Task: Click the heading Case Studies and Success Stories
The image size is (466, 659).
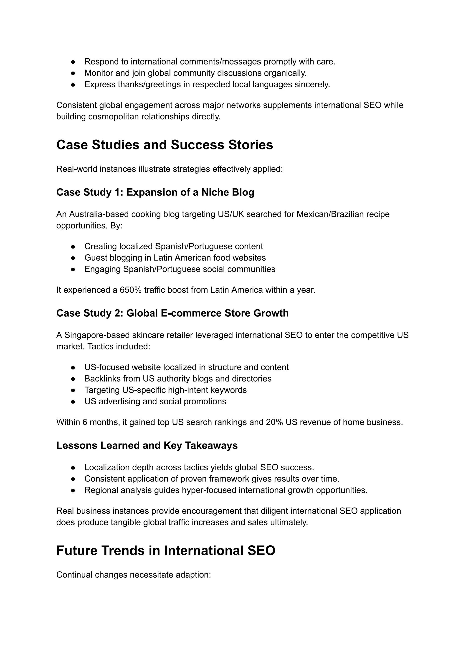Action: click(x=165, y=145)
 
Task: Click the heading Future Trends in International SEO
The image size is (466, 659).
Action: click(x=166, y=551)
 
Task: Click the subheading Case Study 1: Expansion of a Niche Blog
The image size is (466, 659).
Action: click(x=155, y=192)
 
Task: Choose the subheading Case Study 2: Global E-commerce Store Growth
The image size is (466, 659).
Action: click(x=172, y=313)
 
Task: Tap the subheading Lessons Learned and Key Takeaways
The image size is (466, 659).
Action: click(x=147, y=445)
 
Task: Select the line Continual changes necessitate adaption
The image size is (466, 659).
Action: click(x=133, y=574)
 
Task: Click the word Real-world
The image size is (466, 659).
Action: click(x=77, y=169)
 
